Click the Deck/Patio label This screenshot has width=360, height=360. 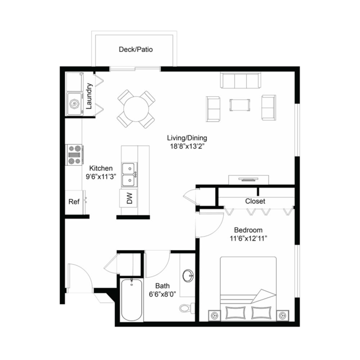(x=136, y=50)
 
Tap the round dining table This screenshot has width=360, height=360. (x=136, y=109)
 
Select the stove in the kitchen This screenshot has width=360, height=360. (x=74, y=155)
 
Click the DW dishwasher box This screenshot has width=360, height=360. (x=128, y=198)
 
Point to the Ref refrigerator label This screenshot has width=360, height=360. (x=74, y=202)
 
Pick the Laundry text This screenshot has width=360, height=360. (x=89, y=96)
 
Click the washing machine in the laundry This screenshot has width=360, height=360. (x=74, y=104)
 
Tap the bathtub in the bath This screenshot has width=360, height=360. (x=131, y=300)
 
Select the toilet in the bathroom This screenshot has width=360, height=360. (x=187, y=308)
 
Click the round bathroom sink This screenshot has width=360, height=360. (x=188, y=275)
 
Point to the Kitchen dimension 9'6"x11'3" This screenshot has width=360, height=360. (x=101, y=176)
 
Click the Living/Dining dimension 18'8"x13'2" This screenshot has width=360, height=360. (x=187, y=146)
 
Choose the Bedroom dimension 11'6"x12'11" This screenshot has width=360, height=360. (x=248, y=238)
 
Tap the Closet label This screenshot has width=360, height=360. (x=255, y=201)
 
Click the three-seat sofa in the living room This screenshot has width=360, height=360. (x=241, y=80)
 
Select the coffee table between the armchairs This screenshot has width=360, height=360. (x=239, y=105)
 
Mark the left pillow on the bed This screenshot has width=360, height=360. (x=235, y=313)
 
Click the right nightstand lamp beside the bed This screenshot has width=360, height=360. (x=282, y=315)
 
